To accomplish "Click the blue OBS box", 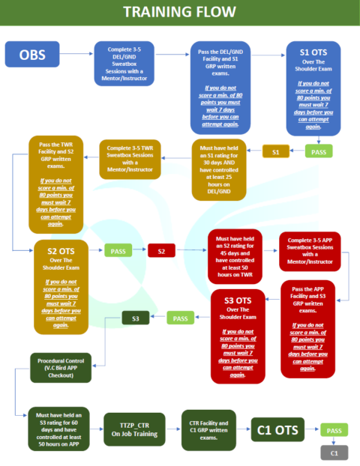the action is (32, 54).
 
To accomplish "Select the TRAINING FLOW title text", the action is (180, 12).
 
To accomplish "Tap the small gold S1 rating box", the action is (276, 151).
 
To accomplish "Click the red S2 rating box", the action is (161, 251).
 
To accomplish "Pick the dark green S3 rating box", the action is (135, 318).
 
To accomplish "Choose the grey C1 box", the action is (334, 453).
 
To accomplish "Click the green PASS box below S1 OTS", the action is (319, 151).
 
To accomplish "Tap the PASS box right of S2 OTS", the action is (118, 251).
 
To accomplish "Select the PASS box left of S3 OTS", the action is (180, 318).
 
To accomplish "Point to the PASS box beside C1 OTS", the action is (334, 430).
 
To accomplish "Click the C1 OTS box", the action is (277, 430).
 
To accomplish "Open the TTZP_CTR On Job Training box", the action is (134, 429).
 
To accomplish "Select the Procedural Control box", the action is (61, 368).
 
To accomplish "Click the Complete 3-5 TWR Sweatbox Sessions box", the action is (130, 160).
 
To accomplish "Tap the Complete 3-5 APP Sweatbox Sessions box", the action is (310, 252).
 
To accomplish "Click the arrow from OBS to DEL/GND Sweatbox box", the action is (76, 54).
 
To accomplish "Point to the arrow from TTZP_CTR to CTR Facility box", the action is (173, 429).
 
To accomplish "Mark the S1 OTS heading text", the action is (313, 52).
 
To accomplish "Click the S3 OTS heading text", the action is (238, 300).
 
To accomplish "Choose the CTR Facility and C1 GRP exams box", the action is (208, 430).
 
